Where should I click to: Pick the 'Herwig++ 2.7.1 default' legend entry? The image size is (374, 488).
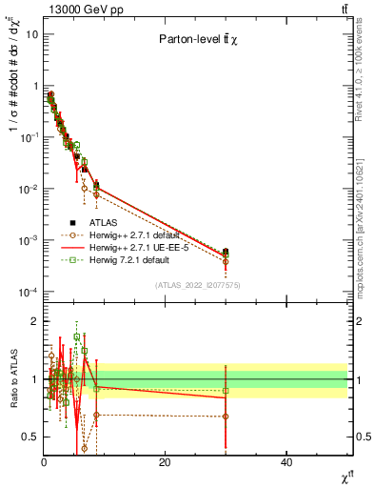point(134,234)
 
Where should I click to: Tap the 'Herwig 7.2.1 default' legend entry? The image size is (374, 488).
point(128,259)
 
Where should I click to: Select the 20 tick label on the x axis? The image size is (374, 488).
point(165,462)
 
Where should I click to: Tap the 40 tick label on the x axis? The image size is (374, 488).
point(286,462)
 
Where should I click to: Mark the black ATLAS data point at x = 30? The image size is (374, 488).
point(226,253)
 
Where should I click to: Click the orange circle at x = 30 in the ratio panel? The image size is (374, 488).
point(226,417)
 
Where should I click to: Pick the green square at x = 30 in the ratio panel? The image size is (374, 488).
point(226,391)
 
